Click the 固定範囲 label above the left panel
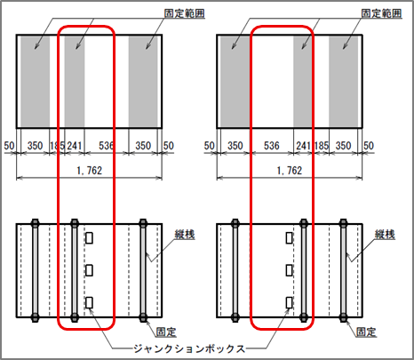pyautogui.click(x=184, y=13)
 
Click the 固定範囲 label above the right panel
pyautogui.click(x=381, y=13)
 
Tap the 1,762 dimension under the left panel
pyautogui.click(x=90, y=171)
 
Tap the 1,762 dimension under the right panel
pyautogui.click(x=290, y=171)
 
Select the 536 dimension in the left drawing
pyautogui.click(x=107, y=146)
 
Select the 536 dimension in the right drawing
pyautogui.click(x=272, y=146)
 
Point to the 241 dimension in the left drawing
pyautogui.click(x=74, y=146)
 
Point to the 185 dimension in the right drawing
pyautogui.click(x=322, y=146)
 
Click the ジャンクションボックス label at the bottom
pyautogui.click(x=189, y=348)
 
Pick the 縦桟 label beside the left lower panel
pyautogui.click(x=185, y=235)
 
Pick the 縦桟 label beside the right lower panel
pyautogui.click(x=385, y=235)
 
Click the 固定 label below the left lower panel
pyautogui.click(x=166, y=332)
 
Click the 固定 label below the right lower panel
pyautogui.click(x=366, y=332)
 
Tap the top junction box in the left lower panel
pyautogui.click(x=89, y=238)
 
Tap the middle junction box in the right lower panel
pyautogui.click(x=290, y=270)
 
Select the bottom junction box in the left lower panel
pyautogui.click(x=89, y=303)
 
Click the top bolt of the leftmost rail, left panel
pyautogui.click(x=35, y=223)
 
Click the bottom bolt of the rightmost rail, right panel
pyautogui.click(x=343, y=317)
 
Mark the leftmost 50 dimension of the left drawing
pyautogui.click(x=9, y=146)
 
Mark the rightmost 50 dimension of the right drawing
pyautogui.click(x=369, y=146)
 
